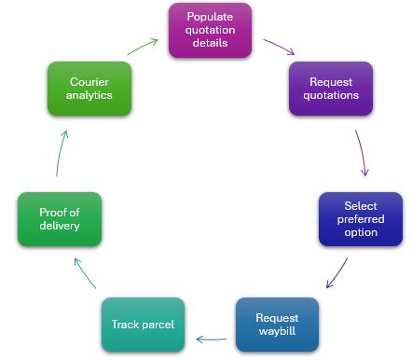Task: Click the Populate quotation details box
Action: point(210,30)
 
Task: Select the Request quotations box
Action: point(330,88)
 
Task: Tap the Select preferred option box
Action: point(360,219)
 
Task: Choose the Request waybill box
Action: point(277,324)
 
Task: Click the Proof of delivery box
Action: point(59,219)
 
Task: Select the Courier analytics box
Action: point(89,88)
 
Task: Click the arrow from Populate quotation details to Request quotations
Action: point(277,47)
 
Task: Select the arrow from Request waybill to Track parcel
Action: point(211,339)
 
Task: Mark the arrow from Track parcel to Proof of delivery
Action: point(84,274)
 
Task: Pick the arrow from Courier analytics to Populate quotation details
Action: point(144,46)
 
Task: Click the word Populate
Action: point(210,17)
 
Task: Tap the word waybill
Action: point(277,330)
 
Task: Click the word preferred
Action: point(360,219)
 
